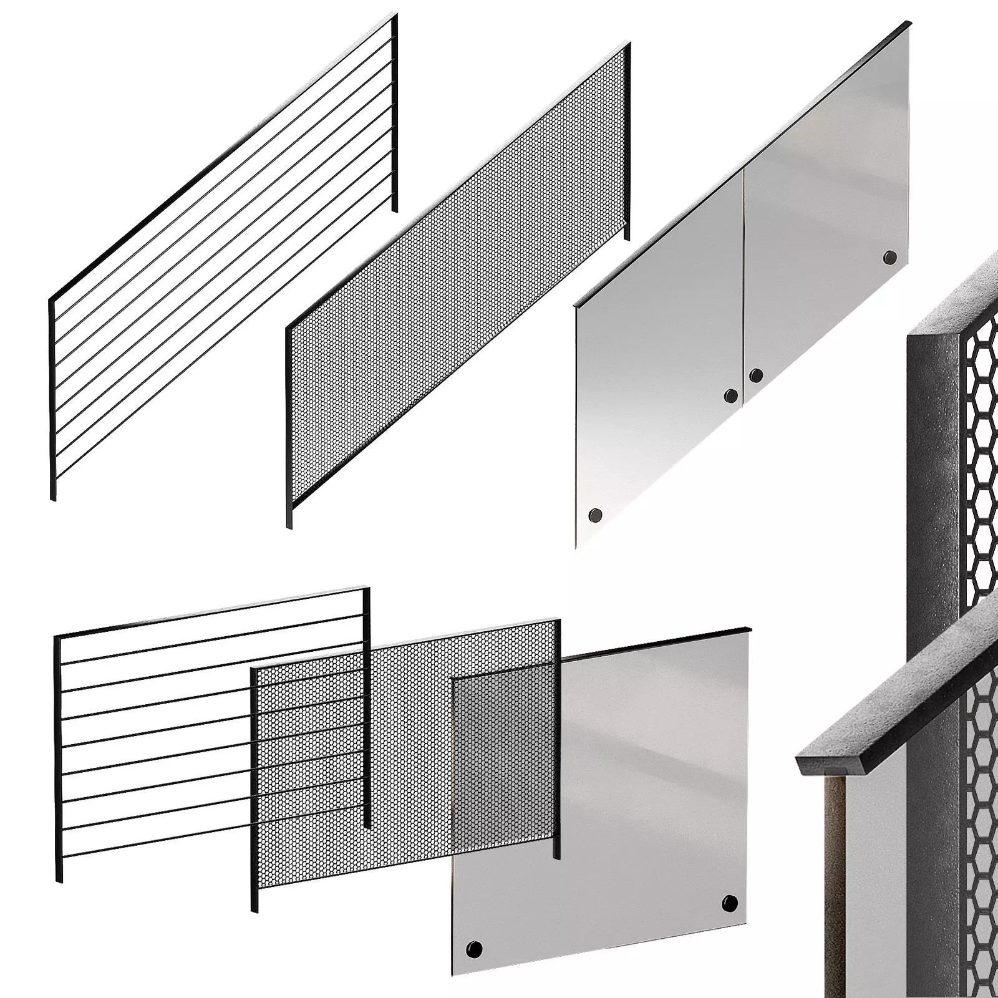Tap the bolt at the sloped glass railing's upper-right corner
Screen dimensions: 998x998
point(889,256)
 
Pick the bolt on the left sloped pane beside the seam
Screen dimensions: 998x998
point(730,395)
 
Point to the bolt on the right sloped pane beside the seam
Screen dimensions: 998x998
point(756,375)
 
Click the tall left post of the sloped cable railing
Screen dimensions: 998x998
point(52,399)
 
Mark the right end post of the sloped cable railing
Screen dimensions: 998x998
point(394,112)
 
